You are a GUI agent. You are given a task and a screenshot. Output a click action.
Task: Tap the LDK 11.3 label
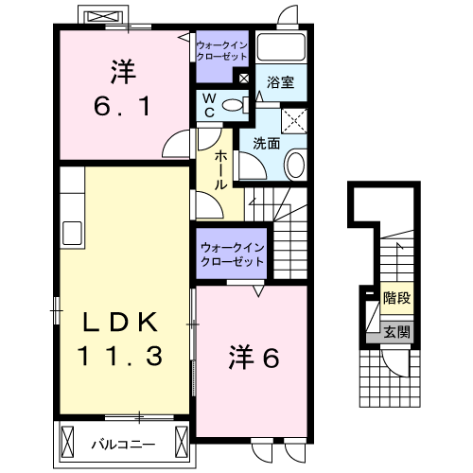123,339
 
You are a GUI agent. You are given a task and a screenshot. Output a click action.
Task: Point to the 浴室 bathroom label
280,82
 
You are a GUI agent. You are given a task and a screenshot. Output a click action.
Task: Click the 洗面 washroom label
267,144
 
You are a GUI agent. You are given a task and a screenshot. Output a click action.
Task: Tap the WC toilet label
208,106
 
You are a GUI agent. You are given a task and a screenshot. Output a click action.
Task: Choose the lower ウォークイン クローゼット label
232,254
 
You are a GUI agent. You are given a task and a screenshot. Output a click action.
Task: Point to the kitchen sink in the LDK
71,233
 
